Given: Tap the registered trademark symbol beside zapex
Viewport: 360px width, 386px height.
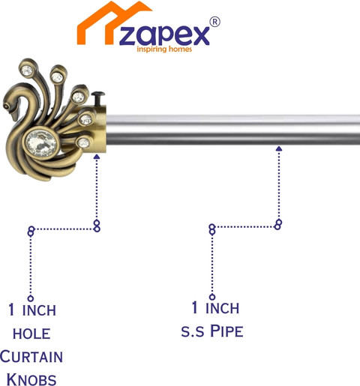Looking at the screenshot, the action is pyautogui.click(x=214, y=22).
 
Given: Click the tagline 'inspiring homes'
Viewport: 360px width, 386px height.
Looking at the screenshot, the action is pyautogui.click(x=164, y=49).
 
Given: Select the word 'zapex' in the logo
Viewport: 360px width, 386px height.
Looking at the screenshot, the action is pyautogui.click(x=164, y=35).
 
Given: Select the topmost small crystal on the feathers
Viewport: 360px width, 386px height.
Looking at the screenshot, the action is pyautogui.click(x=26, y=70).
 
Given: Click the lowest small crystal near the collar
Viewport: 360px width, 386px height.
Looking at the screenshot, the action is pyautogui.click(x=83, y=143).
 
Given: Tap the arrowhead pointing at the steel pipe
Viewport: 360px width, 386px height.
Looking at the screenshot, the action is pyautogui.click(x=279, y=148).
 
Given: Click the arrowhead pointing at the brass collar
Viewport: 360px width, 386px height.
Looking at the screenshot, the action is pyautogui.click(x=97, y=157).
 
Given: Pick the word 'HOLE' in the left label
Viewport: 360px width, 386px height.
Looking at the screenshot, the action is pyautogui.click(x=31, y=334).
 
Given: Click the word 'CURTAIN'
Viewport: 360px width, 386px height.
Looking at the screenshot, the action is pyautogui.click(x=31, y=356).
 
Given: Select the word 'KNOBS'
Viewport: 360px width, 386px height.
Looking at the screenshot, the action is pyautogui.click(x=31, y=379).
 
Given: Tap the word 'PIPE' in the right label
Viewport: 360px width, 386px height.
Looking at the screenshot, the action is pyautogui.click(x=226, y=331).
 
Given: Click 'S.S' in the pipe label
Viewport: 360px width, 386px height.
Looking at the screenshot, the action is pyautogui.click(x=193, y=332).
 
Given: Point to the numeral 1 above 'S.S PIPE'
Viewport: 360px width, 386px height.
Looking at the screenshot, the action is pyautogui.click(x=195, y=307).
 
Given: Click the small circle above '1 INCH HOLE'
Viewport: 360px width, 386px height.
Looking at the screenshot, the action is pyautogui.click(x=31, y=298).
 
